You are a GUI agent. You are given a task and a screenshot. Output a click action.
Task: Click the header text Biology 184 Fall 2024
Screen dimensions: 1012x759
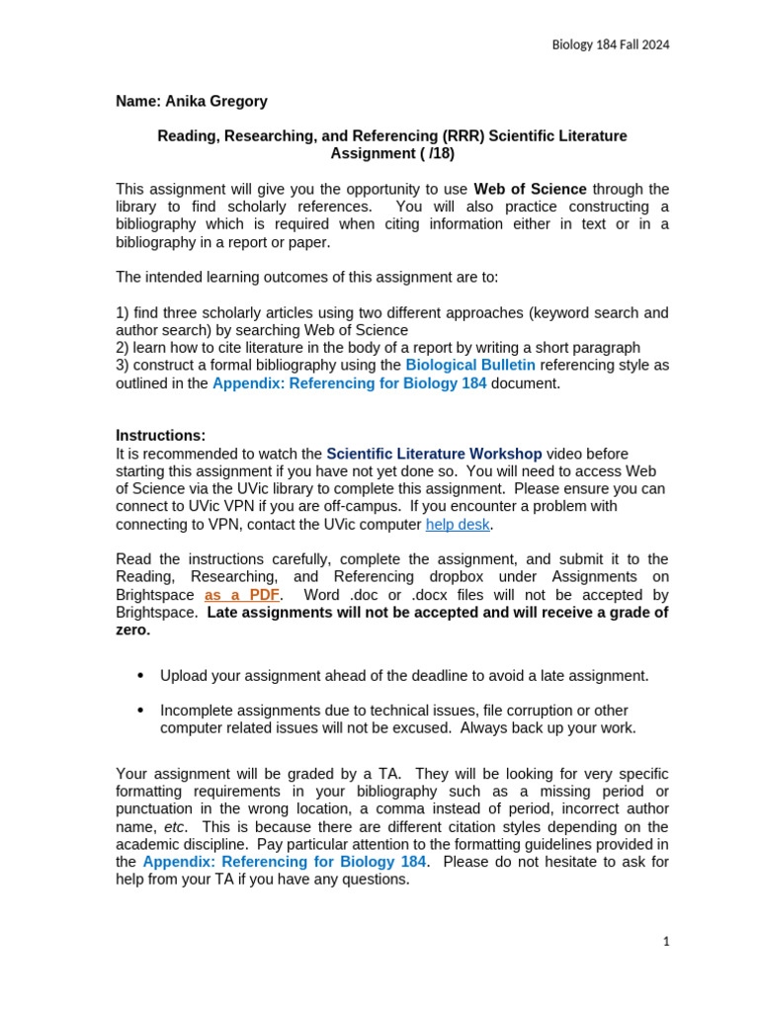coord(609,44)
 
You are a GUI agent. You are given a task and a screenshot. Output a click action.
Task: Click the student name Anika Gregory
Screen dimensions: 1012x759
coord(192,102)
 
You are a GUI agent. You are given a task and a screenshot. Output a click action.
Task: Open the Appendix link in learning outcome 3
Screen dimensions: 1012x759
coord(349,383)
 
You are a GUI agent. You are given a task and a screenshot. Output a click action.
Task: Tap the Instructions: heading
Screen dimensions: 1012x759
coord(160,436)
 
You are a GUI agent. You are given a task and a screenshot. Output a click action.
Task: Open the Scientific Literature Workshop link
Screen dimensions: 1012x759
coord(434,454)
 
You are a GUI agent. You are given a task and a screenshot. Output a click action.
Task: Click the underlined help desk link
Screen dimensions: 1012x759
coord(458,524)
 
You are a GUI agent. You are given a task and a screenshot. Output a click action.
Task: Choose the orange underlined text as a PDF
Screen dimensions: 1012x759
coord(242,595)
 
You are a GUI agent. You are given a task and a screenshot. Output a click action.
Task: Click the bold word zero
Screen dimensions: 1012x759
coord(132,631)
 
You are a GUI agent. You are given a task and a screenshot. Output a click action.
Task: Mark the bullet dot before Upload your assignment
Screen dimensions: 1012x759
coord(140,676)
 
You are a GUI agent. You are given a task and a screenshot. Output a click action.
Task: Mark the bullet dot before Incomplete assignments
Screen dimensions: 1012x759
coord(140,711)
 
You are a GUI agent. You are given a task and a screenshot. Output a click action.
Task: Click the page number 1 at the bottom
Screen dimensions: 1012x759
coord(666,942)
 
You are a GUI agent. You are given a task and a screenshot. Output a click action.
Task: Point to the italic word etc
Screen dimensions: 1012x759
coord(175,826)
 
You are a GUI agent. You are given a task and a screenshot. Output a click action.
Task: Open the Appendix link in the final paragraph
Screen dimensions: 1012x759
coord(285,862)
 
